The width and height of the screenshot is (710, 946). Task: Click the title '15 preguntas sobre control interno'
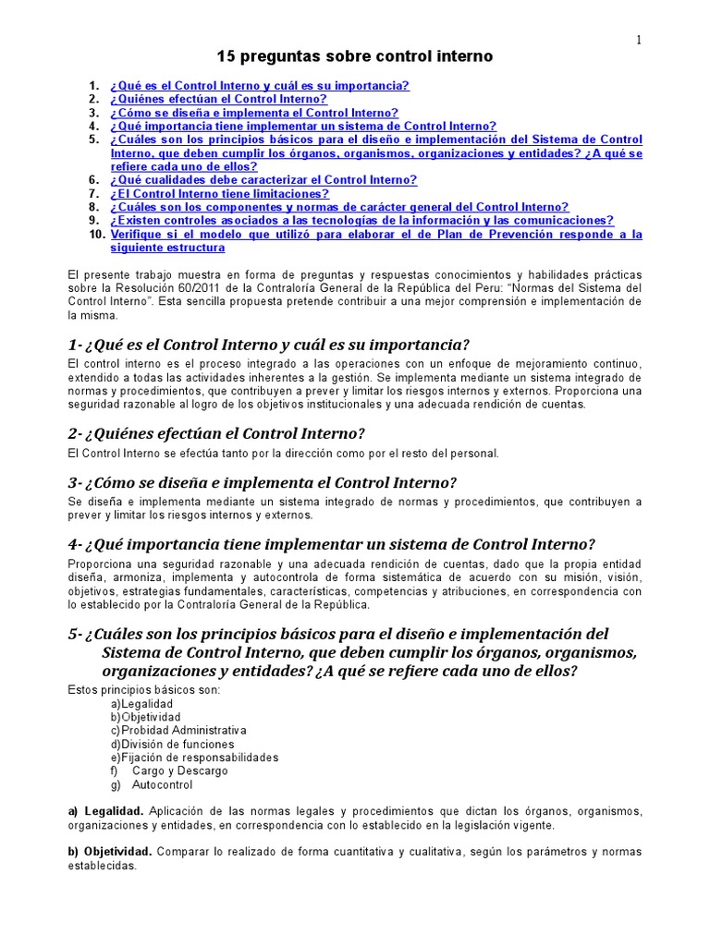(x=355, y=57)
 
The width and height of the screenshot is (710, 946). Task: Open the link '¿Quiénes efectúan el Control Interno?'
(x=218, y=99)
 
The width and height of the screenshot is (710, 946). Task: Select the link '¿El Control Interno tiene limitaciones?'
(x=219, y=194)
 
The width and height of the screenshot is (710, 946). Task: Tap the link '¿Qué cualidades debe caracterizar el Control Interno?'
(x=263, y=180)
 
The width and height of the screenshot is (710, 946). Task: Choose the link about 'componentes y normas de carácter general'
(x=339, y=207)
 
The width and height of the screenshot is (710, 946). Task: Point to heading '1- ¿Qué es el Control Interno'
(x=263, y=345)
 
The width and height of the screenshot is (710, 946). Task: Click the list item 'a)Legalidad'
(x=141, y=704)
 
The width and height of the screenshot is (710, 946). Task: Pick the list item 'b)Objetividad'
(x=145, y=717)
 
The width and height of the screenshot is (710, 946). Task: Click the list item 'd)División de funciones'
(x=172, y=745)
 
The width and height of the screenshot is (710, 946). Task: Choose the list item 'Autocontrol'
(x=162, y=785)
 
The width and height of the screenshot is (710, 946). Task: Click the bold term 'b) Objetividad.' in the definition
(x=111, y=852)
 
